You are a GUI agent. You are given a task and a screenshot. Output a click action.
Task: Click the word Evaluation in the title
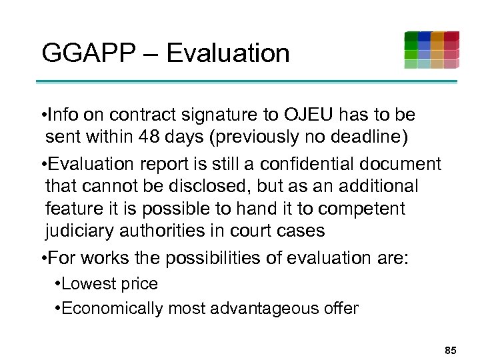[x=228, y=53]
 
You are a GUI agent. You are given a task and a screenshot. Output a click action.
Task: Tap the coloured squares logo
[x=431, y=50]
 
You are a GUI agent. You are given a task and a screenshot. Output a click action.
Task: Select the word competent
[x=362, y=209]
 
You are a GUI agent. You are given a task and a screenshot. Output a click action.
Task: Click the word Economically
[x=113, y=309]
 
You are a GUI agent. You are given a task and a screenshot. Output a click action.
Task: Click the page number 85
[x=450, y=349]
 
